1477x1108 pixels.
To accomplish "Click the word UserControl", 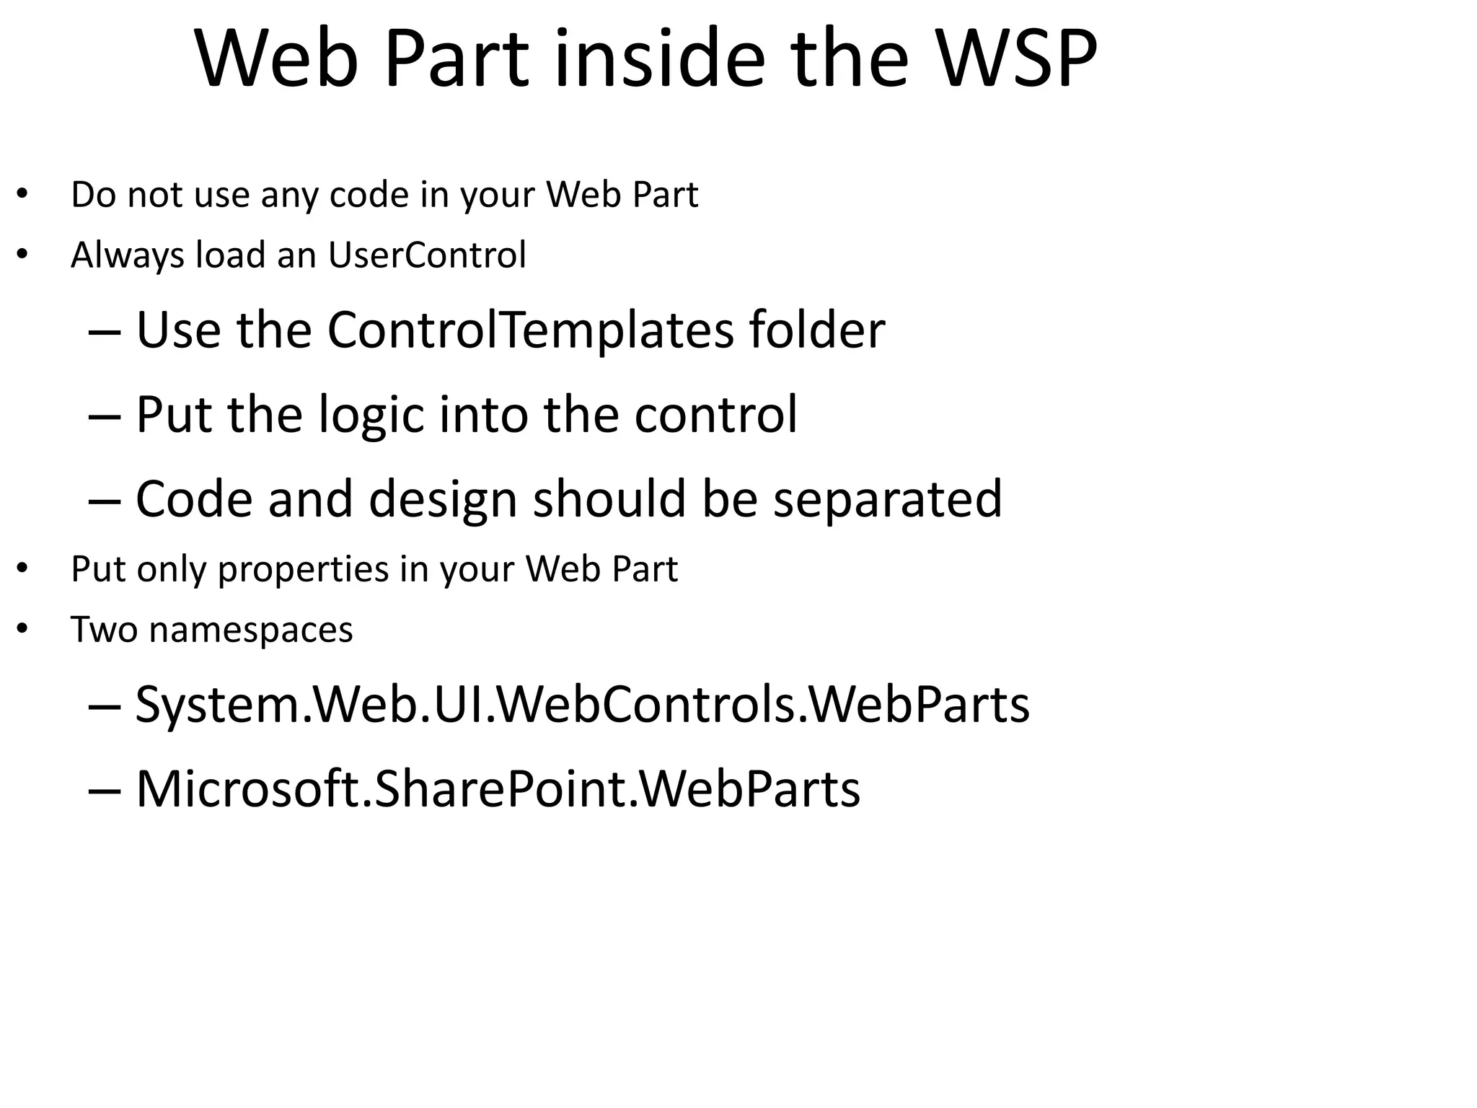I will pos(427,255).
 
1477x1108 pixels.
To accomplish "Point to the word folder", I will pos(816,330).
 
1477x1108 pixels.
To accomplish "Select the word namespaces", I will pos(251,630).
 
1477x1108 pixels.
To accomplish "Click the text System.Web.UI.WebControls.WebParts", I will pos(583,704).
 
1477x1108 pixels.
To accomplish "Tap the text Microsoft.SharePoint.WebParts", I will pos(498,788).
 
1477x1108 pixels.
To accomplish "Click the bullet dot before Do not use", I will pos(22,194).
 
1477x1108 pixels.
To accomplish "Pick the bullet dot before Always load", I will pos(22,255).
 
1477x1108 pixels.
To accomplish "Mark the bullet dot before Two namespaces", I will pos(22,629).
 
